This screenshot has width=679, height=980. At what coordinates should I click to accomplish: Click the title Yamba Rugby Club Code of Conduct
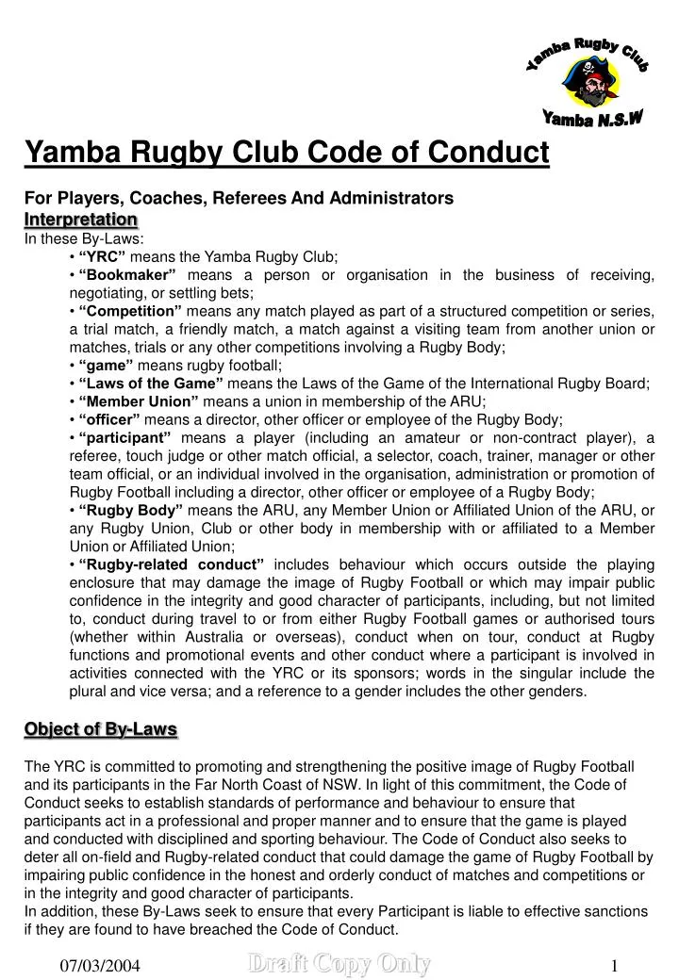tap(286, 151)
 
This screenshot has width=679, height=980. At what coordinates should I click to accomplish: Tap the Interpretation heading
tap(80, 220)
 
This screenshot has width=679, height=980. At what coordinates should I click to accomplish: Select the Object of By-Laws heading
tap(100, 728)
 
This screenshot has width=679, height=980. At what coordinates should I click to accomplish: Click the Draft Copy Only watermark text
tap(339, 963)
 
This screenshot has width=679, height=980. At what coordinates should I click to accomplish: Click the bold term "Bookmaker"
tap(127, 274)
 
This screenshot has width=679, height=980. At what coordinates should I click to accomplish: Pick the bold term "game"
tap(105, 365)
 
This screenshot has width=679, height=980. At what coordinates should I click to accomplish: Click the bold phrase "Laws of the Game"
tap(151, 383)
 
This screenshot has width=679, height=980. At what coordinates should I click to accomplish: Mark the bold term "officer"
tap(109, 419)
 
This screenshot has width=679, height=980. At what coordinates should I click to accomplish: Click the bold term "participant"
tap(124, 437)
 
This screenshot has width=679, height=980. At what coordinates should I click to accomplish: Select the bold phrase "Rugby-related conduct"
tap(171, 564)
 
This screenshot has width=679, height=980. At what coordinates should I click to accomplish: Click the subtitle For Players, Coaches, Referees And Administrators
tap(239, 198)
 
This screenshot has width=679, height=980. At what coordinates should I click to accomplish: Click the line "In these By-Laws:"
tap(83, 238)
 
